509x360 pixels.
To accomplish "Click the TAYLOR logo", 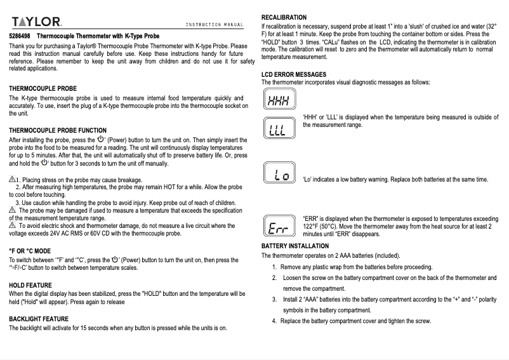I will click(x=36, y=22).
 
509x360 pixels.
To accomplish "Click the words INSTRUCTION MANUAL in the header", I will click(x=215, y=25).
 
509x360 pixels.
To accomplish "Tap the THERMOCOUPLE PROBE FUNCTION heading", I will click(x=58, y=130).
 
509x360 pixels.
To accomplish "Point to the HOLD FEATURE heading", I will click(x=30, y=286).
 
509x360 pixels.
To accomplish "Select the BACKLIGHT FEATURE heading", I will click(x=39, y=319).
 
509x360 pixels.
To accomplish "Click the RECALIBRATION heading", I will click(x=284, y=17).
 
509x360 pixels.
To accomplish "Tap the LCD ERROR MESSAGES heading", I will click(x=294, y=74).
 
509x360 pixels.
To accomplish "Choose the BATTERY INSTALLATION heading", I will click(x=295, y=246).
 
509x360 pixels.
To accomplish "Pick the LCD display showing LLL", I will click(x=277, y=130).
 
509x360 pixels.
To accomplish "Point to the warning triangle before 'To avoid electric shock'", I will click(x=13, y=225).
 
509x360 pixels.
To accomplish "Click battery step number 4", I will click(x=274, y=321).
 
